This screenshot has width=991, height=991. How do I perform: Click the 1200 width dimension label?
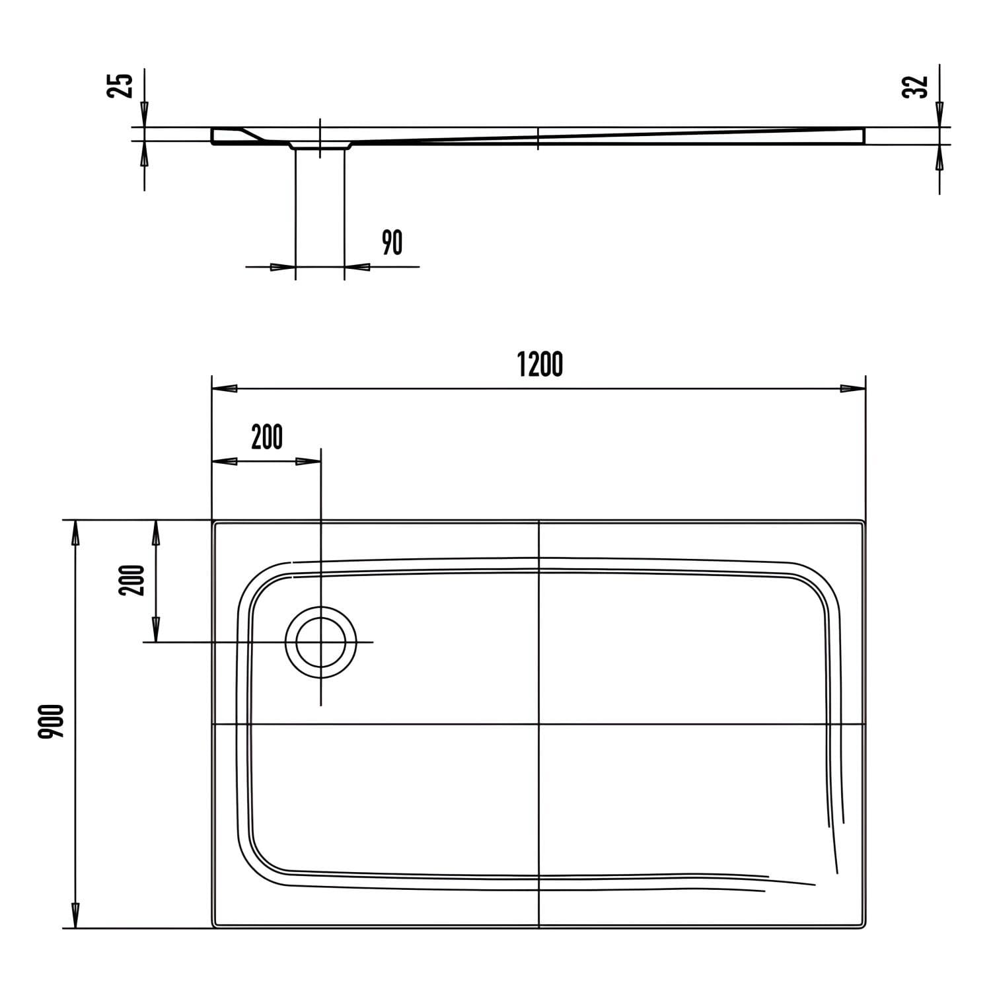(x=540, y=364)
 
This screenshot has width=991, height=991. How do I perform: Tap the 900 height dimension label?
(x=51, y=721)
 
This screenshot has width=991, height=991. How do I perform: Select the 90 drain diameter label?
(x=392, y=242)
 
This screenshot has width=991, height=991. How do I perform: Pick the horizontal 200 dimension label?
(x=267, y=437)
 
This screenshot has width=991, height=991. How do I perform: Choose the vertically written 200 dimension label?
(x=131, y=580)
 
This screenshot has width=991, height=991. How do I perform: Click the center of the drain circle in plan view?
(x=320, y=642)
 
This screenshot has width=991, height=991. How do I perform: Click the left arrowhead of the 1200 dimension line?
(x=224, y=388)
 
